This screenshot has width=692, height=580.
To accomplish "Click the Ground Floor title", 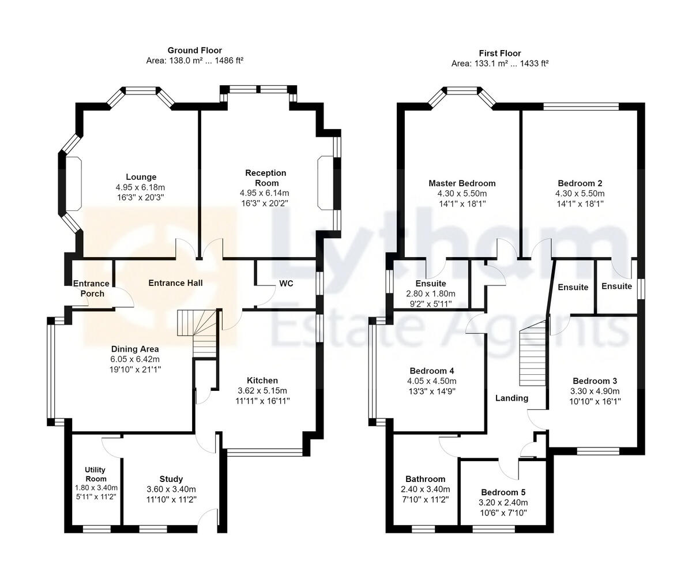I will point(194,51).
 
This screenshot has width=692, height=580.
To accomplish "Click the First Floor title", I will point(499,52).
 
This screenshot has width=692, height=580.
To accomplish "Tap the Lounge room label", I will point(141,177).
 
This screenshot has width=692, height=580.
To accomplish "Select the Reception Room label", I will point(265,178).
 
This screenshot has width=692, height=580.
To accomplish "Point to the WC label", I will point(287,284).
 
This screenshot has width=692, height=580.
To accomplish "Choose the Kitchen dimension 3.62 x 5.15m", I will point(262,390).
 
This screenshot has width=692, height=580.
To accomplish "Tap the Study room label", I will point(171,479).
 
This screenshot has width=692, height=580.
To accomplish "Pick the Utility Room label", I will point(96,474).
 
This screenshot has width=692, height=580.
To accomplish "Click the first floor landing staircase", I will point(533,357).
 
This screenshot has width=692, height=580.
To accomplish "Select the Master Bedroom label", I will point(462,183).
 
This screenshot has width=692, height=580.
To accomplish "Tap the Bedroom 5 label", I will point(503,492).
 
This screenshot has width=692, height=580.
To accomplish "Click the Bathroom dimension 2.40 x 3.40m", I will point(425,489).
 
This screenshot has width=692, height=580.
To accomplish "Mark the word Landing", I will point(512,398).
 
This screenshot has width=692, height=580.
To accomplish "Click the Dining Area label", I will point(135,349).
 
